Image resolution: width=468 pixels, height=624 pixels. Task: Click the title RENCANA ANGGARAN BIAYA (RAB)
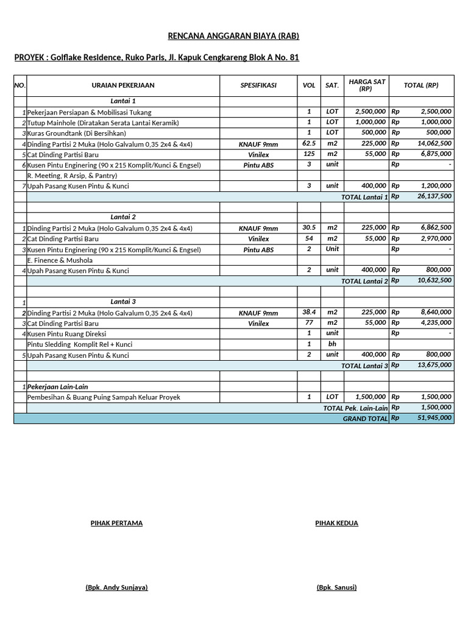[233, 37]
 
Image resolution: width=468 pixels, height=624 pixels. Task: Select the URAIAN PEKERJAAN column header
[122, 85]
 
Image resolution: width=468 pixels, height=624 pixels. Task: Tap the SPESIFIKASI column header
[258, 85]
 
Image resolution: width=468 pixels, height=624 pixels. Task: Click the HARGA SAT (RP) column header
[366, 85]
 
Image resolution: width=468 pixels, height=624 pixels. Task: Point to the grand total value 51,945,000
[434, 418]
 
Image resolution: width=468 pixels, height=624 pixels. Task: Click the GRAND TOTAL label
[364, 419]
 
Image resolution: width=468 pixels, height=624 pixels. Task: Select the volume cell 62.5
[309, 144]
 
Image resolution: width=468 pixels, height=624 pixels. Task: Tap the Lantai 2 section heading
[123, 217]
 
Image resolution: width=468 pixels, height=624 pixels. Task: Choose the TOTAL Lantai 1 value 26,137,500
[431, 197]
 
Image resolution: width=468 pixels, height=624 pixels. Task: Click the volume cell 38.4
[309, 312]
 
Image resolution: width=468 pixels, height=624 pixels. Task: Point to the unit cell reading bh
[332, 344]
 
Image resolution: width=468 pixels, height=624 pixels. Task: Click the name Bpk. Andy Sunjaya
[116, 587]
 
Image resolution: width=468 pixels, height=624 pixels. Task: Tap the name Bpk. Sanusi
[336, 587]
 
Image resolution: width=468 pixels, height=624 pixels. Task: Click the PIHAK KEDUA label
[336, 523]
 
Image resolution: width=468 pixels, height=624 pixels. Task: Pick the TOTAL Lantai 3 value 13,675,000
[431, 365]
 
